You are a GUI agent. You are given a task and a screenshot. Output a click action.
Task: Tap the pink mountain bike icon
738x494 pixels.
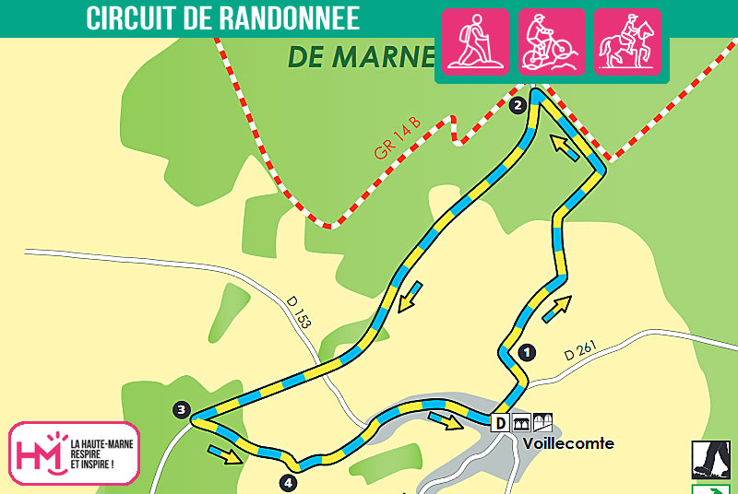click(x=552, y=41)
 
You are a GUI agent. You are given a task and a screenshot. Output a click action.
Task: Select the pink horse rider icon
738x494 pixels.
click(x=627, y=41)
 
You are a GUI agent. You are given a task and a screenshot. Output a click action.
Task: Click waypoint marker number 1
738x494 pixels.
click(x=527, y=351)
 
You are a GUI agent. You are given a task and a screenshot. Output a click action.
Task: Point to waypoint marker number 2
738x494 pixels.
click(x=518, y=105)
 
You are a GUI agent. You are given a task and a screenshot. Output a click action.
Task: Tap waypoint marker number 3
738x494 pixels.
click(x=182, y=409)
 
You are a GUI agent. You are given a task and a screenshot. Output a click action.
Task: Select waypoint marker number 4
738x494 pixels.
click(x=289, y=481)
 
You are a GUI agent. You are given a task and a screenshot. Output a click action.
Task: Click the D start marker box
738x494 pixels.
click(x=500, y=423)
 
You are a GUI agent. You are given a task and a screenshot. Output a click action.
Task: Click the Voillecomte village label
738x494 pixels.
click(x=567, y=443)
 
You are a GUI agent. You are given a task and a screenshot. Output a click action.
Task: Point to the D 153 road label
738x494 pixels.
click(x=299, y=313)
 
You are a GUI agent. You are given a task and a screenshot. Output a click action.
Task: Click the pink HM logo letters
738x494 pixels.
click(x=40, y=453)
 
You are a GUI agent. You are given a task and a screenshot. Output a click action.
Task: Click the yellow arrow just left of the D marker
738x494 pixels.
click(x=446, y=420)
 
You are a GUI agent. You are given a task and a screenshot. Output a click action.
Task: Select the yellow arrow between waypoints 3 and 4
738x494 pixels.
click(x=225, y=453)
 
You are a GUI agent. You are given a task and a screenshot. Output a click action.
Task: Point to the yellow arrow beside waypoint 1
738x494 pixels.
click(x=556, y=309)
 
